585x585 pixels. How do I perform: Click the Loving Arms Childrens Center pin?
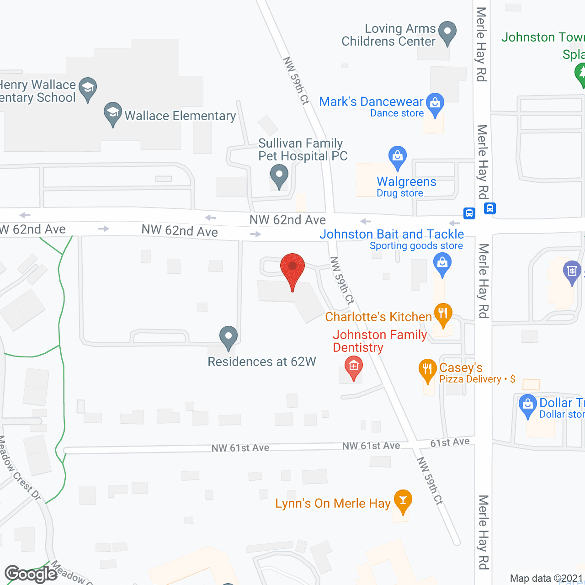pos(447,32)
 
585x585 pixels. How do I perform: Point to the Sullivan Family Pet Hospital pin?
pos(279,175)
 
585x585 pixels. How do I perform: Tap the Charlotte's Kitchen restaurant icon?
pos(442,314)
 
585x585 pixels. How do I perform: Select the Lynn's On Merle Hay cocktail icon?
pos(403,500)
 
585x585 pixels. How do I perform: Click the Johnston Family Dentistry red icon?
pos(353,367)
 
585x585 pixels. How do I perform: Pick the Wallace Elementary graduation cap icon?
pos(112,112)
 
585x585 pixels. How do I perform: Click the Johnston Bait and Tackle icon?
pos(442,263)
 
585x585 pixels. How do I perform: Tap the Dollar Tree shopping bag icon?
pos(528,404)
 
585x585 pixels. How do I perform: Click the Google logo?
pos(31,574)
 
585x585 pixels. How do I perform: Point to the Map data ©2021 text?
pos(546,578)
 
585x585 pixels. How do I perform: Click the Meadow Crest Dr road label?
pos(21,468)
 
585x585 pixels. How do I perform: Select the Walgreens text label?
pos(406,182)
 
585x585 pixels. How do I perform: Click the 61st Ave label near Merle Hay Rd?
pos(450,442)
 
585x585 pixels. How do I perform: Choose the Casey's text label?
pos(461,368)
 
